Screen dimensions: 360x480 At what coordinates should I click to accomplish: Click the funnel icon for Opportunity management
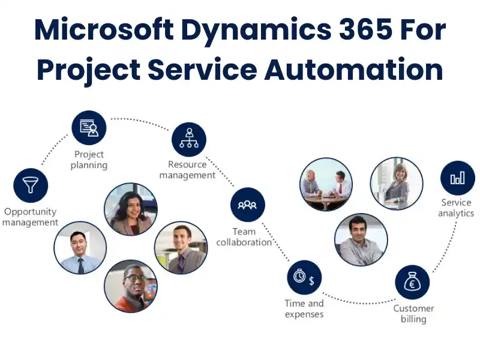point(31,185)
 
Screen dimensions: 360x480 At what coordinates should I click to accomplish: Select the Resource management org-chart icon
point(189,140)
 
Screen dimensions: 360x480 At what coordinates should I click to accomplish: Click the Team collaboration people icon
point(247,205)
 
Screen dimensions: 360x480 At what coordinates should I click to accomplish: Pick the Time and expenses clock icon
point(304,277)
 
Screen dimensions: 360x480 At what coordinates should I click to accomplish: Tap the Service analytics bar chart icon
point(457,178)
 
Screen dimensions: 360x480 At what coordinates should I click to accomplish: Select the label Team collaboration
point(244,237)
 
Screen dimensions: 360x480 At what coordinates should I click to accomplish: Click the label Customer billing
point(413,314)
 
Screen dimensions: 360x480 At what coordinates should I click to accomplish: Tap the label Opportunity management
point(30,217)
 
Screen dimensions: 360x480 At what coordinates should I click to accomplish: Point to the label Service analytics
point(456,208)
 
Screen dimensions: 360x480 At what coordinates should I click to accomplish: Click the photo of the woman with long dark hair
point(131,209)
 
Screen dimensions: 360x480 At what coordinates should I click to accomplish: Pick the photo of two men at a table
point(325,184)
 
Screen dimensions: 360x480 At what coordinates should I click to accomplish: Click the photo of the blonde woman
point(397,183)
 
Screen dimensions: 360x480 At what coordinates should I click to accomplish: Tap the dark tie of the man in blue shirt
point(81,265)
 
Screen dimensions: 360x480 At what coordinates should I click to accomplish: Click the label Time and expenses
point(304,309)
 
